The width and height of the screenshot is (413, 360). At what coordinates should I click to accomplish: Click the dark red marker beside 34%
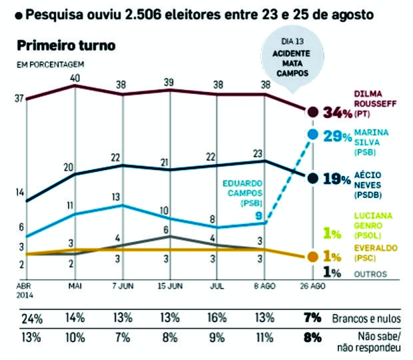pyautogui.click(x=313, y=112)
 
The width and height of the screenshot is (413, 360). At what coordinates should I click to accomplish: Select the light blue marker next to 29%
pyautogui.click(x=313, y=135)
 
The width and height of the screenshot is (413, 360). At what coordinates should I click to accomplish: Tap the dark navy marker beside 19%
pyautogui.click(x=313, y=178)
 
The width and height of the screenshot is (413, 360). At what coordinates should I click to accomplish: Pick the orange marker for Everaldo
pyautogui.click(x=313, y=257)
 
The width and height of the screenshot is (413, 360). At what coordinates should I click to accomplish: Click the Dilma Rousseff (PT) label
pyautogui.click(x=375, y=104)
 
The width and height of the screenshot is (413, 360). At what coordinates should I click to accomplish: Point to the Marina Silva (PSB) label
pyautogui.click(x=371, y=142)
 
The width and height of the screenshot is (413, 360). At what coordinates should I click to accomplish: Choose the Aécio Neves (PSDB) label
pyautogui.click(x=368, y=185)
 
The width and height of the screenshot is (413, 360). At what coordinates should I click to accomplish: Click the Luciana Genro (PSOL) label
pyautogui.click(x=373, y=225)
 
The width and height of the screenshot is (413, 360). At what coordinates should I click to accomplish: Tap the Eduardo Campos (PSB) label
pyautogui.click(x=242, y=193)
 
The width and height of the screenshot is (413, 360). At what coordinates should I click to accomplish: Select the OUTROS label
pyautogui.click(x=370, y=274)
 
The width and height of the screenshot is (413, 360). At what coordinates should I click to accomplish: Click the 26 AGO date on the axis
pyautogui.click(x=312, y=286)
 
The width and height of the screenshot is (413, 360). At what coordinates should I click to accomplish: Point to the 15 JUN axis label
pyautogui.click(x=170, y=286)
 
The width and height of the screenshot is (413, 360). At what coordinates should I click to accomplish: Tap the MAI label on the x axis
pyautogui.click(x=75, y=286)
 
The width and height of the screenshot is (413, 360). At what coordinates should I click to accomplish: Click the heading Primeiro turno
pyautogui.click(x=66, y=45)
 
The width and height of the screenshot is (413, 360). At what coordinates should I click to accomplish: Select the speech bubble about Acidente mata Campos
pyautogui.click(x=292, y=59)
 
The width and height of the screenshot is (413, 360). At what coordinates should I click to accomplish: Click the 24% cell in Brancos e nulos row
pyautogui.click(x=32, y=319)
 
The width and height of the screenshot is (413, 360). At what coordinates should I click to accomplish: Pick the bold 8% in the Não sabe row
pyautogui.click(x=312, y=337)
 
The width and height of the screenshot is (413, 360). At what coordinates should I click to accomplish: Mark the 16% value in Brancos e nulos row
pyautogui.click(x=217, y=318)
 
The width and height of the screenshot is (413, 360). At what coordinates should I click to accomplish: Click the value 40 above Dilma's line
pyautogui.click(x=75, y=79)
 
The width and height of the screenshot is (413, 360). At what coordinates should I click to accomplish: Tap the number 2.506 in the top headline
pyautogui.click(x=143, y=15)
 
